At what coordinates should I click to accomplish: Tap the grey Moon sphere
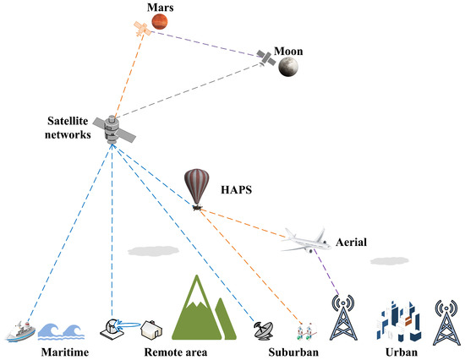point(290,66)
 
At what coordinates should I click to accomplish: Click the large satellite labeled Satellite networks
point(112,128)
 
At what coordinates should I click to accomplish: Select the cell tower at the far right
point(446,320)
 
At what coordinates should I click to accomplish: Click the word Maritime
point(64,350)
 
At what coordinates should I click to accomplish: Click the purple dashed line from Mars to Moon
point(216,41)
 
